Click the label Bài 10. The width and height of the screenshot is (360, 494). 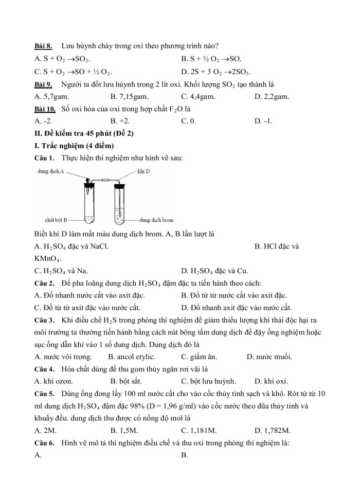pyautogui.click(x=45, y=109)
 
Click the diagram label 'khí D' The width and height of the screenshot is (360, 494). pyautogui.click(x=144, y=171)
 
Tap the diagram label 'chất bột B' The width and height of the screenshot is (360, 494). pyautogui.click(x=57, y=220)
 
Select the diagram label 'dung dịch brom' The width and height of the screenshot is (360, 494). pyautogui.click(x=157, y=220)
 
